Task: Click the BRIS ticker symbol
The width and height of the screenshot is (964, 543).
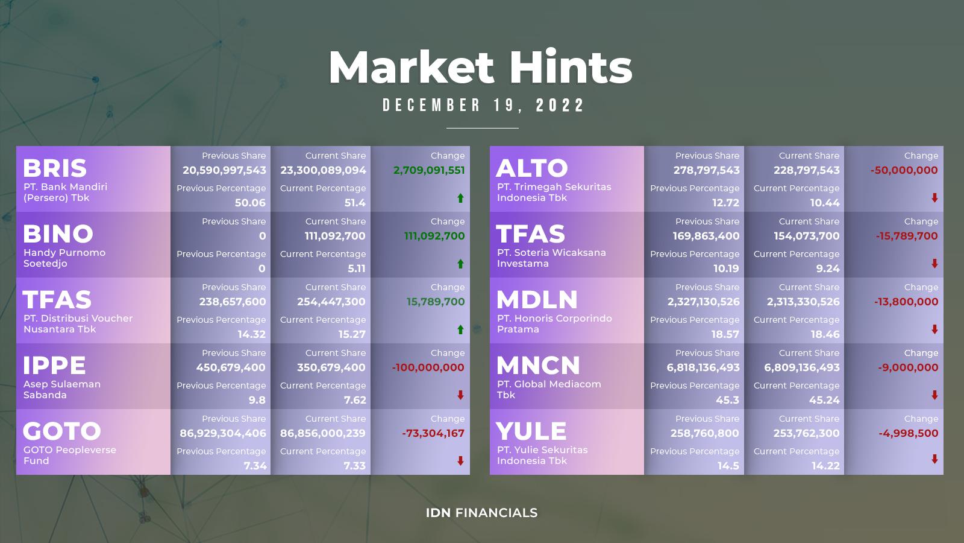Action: [x=55, y=168]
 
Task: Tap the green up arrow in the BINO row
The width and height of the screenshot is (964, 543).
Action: [x=460, y=264]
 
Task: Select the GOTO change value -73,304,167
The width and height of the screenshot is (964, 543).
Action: [x=433, y=433]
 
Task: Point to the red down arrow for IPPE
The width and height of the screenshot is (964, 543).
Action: [x=460, y=395]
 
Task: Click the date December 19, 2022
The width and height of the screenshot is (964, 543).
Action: [x=483, y=106]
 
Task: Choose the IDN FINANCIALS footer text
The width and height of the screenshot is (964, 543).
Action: [x=481, y=513]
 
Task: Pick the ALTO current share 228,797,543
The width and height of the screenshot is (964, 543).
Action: [x=807, y=170]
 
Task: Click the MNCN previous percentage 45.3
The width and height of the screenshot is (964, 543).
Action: [x=727, y=400]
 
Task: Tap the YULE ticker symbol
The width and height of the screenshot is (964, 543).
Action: [x=531, y=431]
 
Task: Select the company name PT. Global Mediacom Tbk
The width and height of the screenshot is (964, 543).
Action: [x=549, y=390]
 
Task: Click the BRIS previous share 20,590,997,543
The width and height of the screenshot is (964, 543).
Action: [x=224, y=170]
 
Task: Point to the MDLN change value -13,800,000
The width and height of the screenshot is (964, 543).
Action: [x=906, y=302]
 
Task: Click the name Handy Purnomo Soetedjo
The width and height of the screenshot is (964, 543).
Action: [x=64, y=258]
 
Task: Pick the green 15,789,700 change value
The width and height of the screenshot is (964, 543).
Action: [x=436, y=302]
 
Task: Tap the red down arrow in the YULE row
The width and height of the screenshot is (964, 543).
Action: [x=934, y=459]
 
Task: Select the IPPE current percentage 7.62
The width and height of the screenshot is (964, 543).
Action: [x=355, y=400]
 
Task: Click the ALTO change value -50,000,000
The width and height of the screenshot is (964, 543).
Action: [x=904, y=170]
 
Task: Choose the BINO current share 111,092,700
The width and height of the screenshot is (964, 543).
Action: [x=335, y=236]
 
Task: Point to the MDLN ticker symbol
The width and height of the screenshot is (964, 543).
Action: [x=537, y=299]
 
